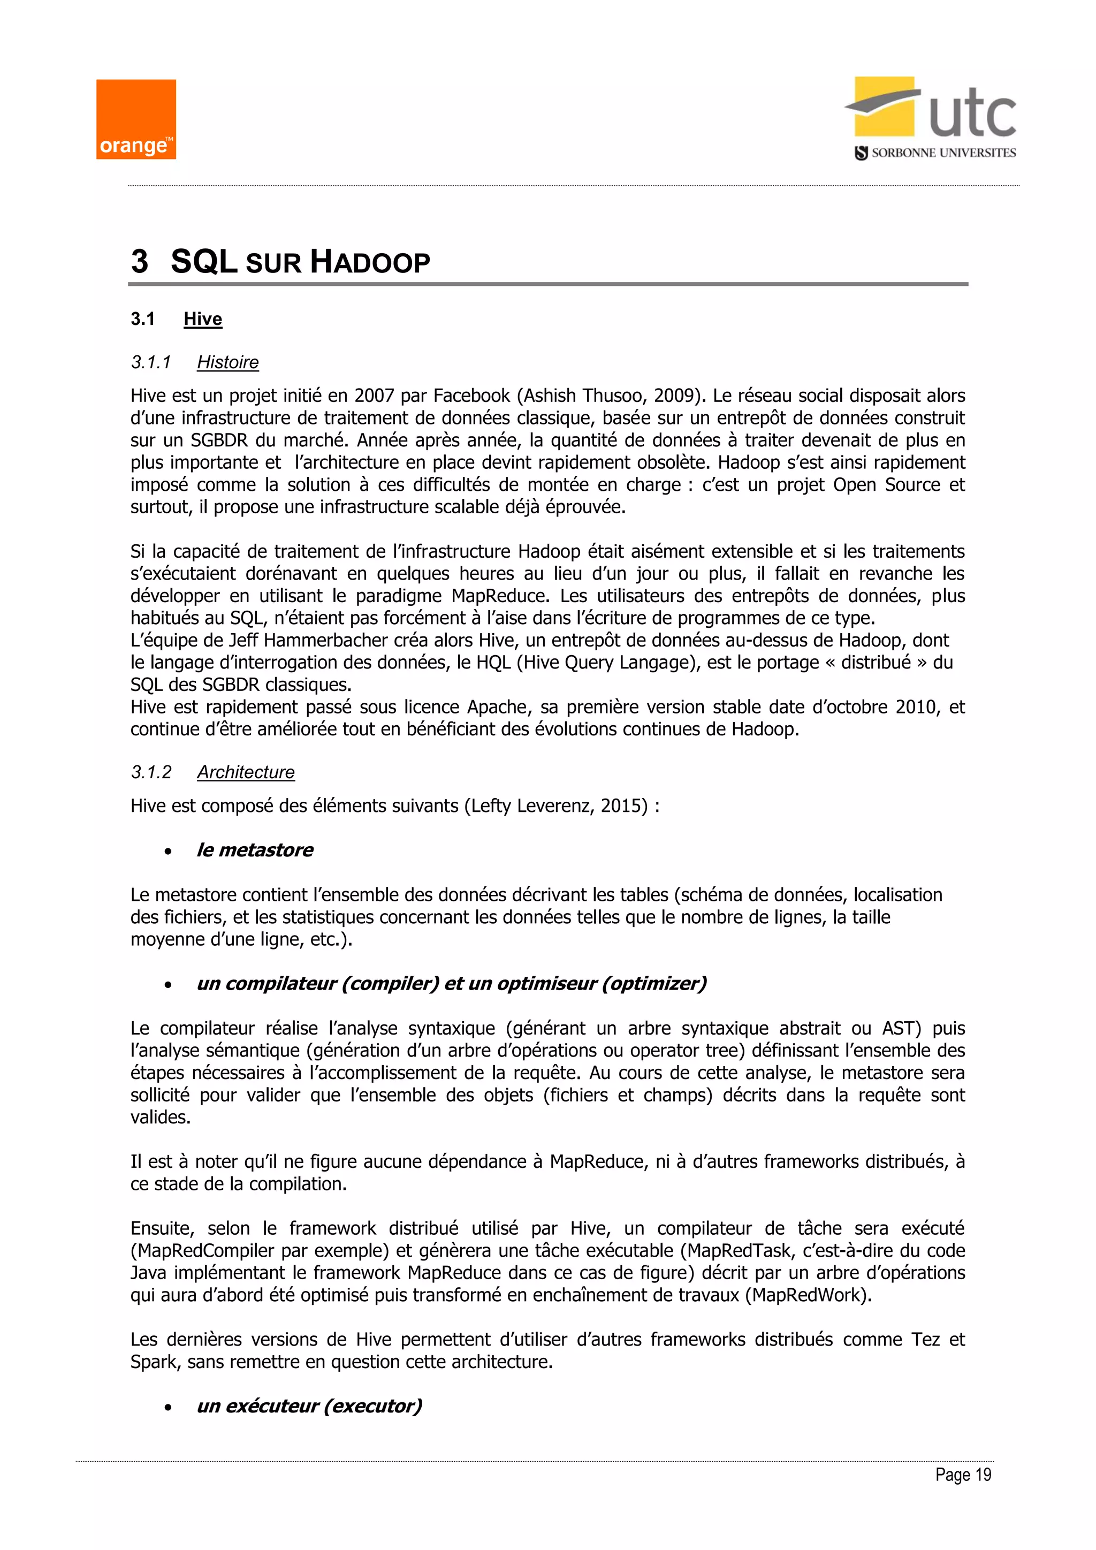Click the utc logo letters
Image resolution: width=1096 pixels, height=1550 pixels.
972,115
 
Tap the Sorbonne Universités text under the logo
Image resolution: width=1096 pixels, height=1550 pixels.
943,153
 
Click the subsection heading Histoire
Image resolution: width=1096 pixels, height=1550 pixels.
227,362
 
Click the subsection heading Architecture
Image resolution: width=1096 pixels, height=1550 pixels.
246,772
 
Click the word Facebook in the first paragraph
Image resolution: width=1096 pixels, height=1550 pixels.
471,396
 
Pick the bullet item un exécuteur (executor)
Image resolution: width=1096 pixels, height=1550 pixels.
309,1406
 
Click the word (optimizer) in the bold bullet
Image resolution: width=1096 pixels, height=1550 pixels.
654,984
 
